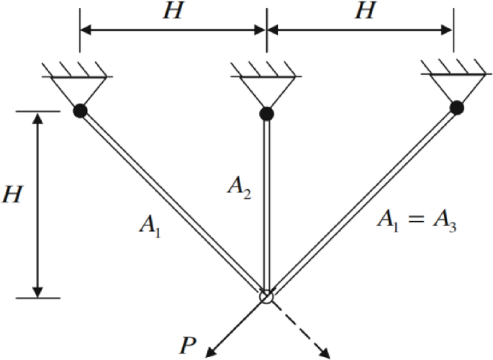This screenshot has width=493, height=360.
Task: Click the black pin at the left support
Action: pos(80,110)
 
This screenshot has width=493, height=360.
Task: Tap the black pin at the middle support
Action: pos(266,114)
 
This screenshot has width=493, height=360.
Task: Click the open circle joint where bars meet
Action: pos(266,296)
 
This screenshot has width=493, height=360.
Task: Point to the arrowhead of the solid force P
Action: pos(210,351)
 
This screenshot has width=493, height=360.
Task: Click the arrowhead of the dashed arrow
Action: pos(325,352)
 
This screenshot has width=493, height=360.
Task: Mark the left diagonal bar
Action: pos(173,203)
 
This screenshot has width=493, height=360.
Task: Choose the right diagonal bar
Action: pos(360,202)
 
